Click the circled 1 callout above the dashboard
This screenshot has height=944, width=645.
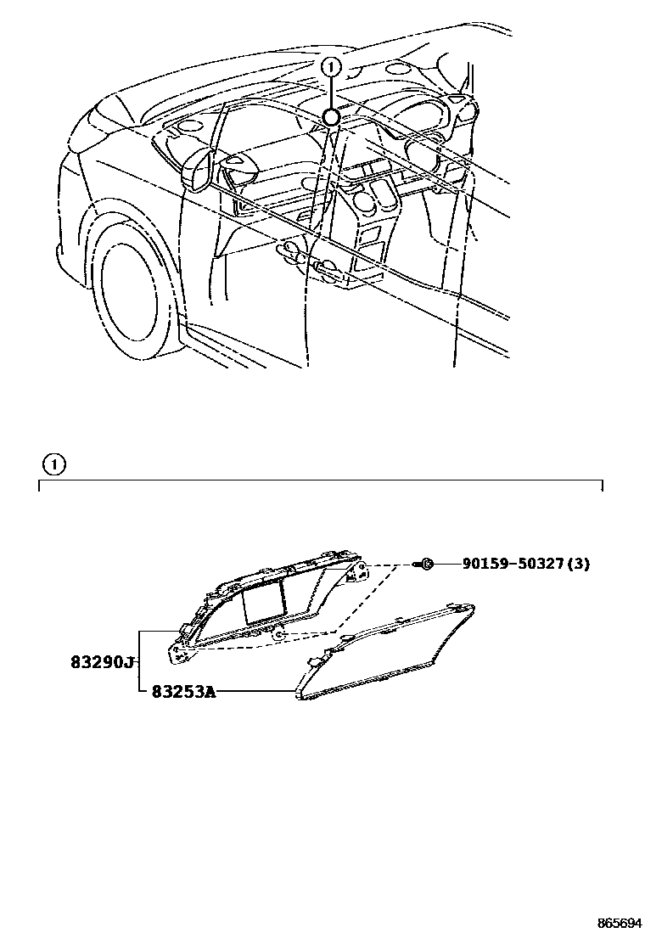coord(332,66)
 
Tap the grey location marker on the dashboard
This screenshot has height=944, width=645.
coord(332,117)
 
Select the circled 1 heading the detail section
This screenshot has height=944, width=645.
coord(53,464)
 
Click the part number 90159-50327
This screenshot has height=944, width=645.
coord(514,564)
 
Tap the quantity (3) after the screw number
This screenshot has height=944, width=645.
coord(579,564)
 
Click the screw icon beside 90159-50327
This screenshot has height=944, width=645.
coord(428,564)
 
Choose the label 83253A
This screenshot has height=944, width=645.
coord(183,692)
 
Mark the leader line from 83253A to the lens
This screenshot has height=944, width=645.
coord(255,692)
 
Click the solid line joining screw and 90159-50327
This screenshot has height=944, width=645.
coord(447,564)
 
